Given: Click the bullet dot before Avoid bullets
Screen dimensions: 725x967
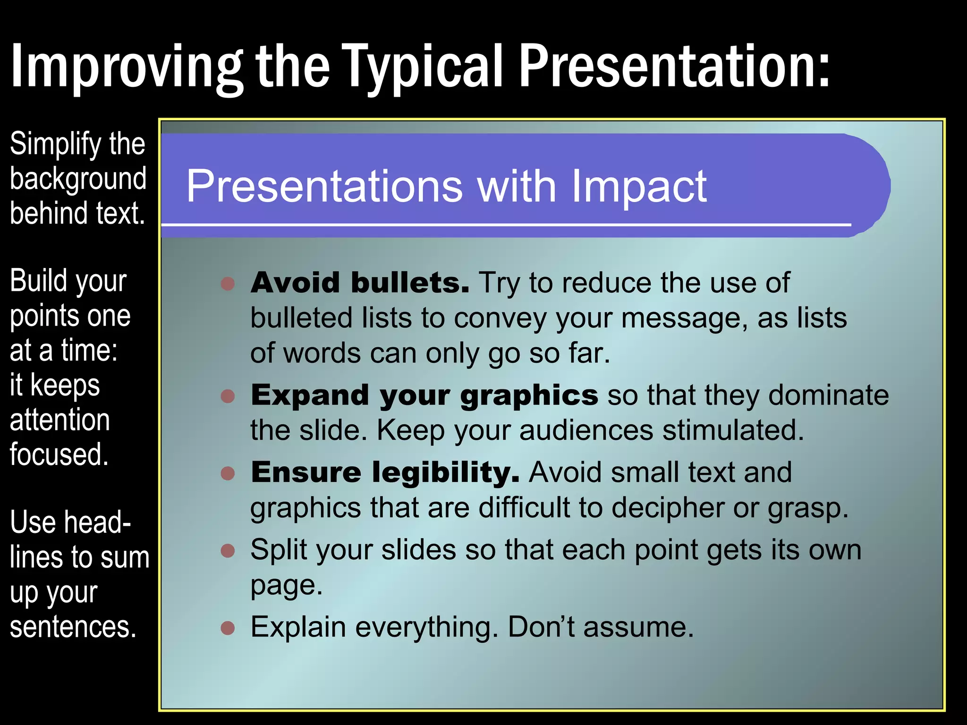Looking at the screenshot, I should pyautogui.click(x=228, y=283).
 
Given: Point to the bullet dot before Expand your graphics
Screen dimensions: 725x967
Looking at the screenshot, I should pyautogui.click(x=228, y=396).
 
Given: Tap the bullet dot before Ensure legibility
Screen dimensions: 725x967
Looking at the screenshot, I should pyautogui.click(x=228, y=473).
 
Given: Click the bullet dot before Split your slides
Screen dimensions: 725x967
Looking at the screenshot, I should pyautogui.click(x=228, y=550).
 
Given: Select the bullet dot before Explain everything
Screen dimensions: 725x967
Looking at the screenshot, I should pyautogui.click(x=228, y=628).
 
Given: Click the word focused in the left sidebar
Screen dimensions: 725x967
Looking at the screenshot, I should pyautogui.click(x=59, y=455).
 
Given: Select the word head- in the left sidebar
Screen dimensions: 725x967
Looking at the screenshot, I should pyautogui.click(x=97, y=523).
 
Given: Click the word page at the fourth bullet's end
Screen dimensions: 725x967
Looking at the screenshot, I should pyautogui.click(x=286, y=586).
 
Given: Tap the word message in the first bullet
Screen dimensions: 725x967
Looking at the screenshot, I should pyautogui.click(x=684, y=318).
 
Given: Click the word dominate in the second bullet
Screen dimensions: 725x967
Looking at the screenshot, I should pyautogui.click(x=828, y=396).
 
